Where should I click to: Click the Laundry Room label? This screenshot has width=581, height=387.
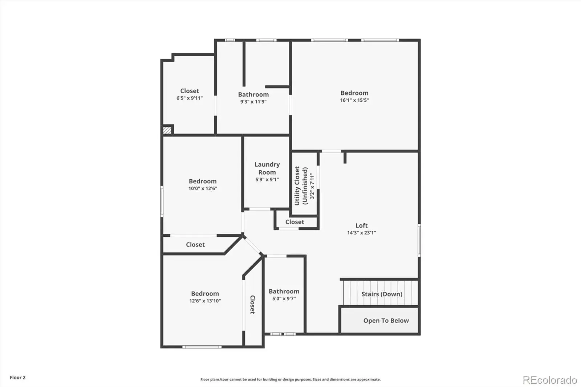point(267,168)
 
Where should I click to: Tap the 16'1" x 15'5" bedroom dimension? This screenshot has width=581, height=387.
point(354,100)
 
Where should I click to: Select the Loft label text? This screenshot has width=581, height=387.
point(362,225)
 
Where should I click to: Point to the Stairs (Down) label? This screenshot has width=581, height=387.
point(382,294)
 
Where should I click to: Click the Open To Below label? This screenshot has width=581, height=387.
point(386,321)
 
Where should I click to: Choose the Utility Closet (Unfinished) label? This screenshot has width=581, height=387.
point(301,186)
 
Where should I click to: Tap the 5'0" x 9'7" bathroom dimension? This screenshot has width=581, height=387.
point(284,298)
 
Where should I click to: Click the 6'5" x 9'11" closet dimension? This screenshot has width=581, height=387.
point(190,98)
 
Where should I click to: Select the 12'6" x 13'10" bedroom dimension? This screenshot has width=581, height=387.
point(205,301)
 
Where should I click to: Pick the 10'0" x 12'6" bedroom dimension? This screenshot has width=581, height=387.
point(203,188)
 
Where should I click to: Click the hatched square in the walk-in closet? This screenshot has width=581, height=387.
point(167,130)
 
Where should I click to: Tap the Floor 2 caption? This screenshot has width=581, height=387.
point(18,378)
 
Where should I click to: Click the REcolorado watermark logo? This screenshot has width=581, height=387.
point(550,380)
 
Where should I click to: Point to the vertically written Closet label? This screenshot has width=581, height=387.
point(252,305)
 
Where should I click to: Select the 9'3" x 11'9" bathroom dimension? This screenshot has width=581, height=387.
point(253,102)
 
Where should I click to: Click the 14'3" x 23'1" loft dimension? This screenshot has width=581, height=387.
point(362,233)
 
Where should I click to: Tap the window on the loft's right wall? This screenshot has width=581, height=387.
point(419,240)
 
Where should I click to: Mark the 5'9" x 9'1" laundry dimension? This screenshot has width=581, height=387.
point(267,179)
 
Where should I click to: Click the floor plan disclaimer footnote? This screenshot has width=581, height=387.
point(290,379)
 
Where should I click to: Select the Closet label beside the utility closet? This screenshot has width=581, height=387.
point(294,222)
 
